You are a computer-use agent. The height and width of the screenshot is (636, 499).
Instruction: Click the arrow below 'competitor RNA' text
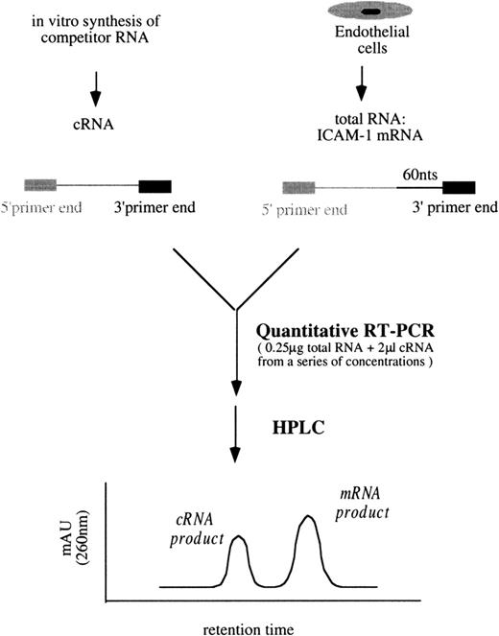[95, 90]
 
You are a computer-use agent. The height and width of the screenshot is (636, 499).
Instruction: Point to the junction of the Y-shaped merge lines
[236, 309]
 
